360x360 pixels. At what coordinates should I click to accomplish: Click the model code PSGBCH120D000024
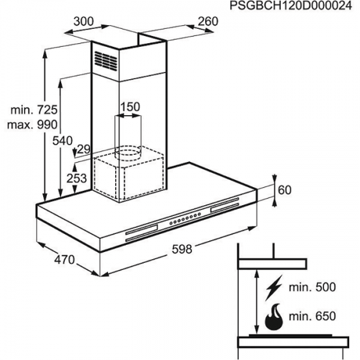pyautogui.click(x=290, y=6)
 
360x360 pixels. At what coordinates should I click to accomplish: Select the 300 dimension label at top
pyautogui.click(x=84, y=22)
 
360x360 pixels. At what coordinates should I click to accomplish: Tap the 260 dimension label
pyautogui.click(x=208, y=22)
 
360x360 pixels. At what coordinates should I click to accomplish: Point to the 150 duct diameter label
pyautogui.click(x=130, y=107)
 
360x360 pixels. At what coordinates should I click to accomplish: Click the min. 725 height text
pyautogui.click(x=34, y=110)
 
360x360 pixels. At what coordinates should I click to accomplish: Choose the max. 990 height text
pyautogui.click(x=32, y=125)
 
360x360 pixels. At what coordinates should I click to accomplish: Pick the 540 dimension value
pyautogui.click(x=62, y=140)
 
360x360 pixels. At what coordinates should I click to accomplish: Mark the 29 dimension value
pyautogui.click(x=84, y=149)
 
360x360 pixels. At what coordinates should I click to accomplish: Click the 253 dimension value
pyautogui.click(x=77, y=178)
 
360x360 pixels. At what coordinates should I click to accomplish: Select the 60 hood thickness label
pyautogui.click(x=284, y=190)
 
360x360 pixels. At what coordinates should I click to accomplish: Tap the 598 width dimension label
pyautogui.click(x=182, y=249)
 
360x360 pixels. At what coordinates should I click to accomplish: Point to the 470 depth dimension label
pyautogui.click(x=65, y=260)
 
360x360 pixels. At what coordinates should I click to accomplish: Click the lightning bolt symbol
pyautogui.click(x=274, y=288)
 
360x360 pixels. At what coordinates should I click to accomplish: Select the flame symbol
pyautogui.click(x=274, y=317)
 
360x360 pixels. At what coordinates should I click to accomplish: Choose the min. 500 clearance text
pyautogui.click(x=312, y=287)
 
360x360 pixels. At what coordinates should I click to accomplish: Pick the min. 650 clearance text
pyautogui.click(x=312, y=316)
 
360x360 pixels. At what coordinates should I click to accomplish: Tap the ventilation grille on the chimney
pyautogui.click(x=106, y=61)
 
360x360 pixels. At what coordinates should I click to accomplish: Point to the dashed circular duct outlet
pyautogui.click(x=128, y=153)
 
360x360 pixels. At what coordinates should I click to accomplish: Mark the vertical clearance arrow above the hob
pyautogui.click(x=257, y=302)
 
